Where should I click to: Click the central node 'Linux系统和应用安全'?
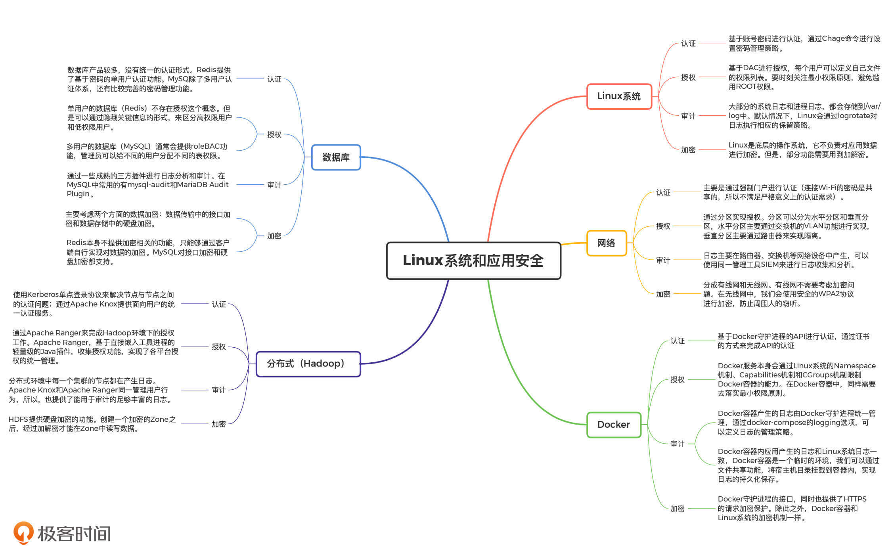pos(473,260)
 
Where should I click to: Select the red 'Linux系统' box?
pos(619,96)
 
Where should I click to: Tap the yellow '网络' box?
pos(606,243)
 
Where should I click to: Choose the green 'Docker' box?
pos(613,425)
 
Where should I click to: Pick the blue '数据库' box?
pos(336,157)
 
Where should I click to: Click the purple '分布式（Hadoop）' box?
pos(308,364)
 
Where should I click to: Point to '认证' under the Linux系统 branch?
pos(688,43)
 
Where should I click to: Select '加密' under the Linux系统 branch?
pos(688,150)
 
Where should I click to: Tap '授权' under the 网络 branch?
pos(663,226)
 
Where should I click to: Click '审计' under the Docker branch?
pos(677,444)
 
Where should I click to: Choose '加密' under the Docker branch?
pos(677,509)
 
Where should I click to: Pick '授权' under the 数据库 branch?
pos(274,135)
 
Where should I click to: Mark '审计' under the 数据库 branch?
pos(274,185)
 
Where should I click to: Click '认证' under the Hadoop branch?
pos(218,304)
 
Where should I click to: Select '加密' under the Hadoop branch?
pos(218,424)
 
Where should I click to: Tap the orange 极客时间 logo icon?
pos(23,532)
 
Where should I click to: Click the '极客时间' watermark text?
pos(74,534)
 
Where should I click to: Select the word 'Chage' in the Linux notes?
pos(833,39)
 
